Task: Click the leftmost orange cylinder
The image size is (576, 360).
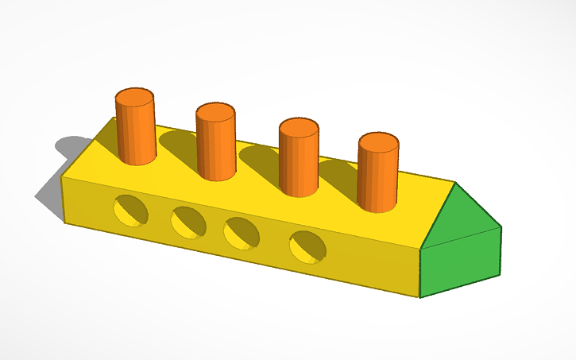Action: [135, 131]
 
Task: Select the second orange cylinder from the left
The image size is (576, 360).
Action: [215, 147]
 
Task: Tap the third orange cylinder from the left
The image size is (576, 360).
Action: [298, 163]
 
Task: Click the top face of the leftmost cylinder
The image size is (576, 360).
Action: [134, 99]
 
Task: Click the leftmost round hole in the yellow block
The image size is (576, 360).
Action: [131, 210]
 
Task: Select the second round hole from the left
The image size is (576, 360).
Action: [188, 222]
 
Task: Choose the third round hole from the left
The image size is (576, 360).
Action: [242, 233]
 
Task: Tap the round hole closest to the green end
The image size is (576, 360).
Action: [307, 246]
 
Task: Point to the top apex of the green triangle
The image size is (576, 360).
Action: [455, 184]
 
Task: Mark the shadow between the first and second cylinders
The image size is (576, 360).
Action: [179, 144]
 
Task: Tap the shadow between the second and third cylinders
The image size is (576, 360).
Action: [258, 158]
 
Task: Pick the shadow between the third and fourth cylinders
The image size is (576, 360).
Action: [338, 170]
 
